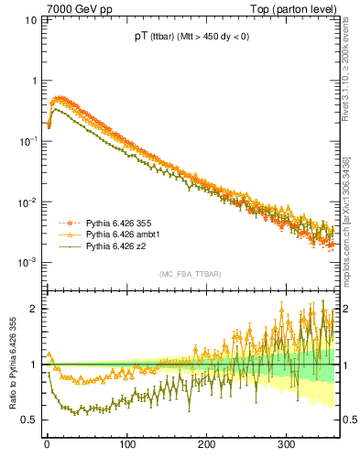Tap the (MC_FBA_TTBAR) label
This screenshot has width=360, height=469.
tap(191, 275)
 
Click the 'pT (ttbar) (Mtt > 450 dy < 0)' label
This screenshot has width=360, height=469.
tap(190, 38)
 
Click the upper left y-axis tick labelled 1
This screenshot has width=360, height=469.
tap(34, 81)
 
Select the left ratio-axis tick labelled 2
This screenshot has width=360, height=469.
tap(34, 309)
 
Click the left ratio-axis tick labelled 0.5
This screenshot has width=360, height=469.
tap(29, 420)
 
